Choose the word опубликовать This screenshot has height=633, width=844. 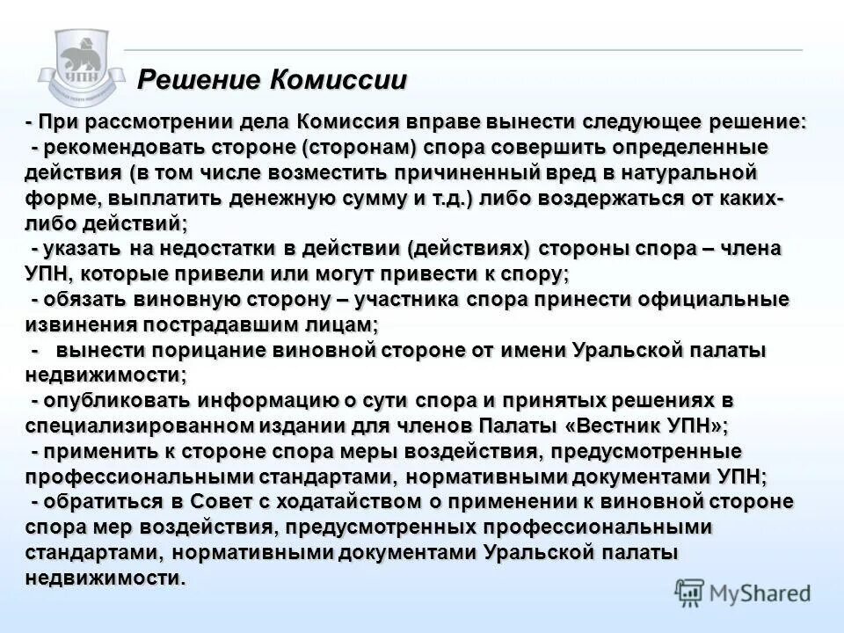pos(118,402)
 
